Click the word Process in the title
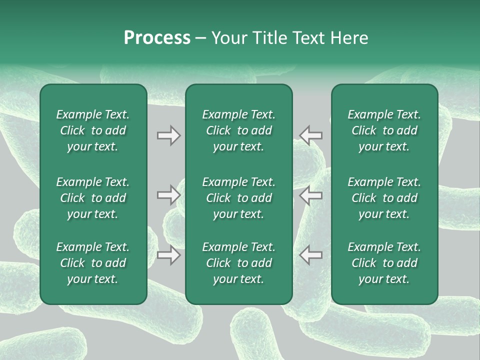click(x=157, y=38)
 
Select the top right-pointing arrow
click(x=169, y=135)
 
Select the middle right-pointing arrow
click(x=169, y=195)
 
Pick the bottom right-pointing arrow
click(x=169, y=255)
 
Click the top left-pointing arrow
click(x=311, y=135)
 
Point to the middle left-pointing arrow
click(x=311, y=195)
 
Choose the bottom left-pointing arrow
click(x=311, y=255)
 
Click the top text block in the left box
click(x=93, y=130)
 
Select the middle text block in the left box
click(x=93, y=198)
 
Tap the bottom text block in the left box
click(x=93, y=263)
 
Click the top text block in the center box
click(x=238, y=130)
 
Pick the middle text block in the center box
click(x=238, y=198)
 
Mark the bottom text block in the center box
click(x=238, y=263)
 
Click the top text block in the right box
click(x=384, y=130)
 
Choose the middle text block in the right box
click(x=384, y=198)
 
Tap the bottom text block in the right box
click(x=384, y=263)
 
